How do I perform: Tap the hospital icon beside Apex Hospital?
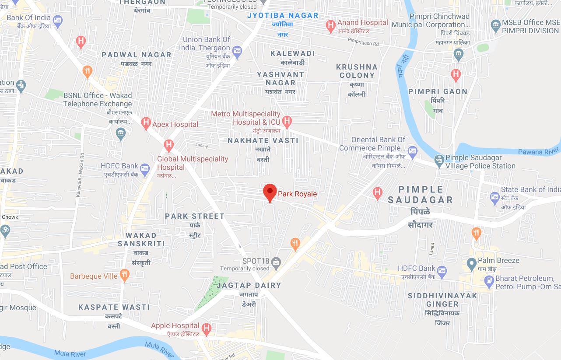click(146, 123)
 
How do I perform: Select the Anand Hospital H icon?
click(331, 26)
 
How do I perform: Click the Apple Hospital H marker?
click(206, 328)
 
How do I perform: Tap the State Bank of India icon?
click(495, 197)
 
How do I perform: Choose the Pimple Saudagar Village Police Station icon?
click(439, 161)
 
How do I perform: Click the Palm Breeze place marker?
click(471, 264)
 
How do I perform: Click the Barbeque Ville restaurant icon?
click(125, 275)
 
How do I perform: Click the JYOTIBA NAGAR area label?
click(283, 15)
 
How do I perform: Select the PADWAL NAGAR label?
click(137, 55)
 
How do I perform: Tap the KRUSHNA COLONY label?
click(357, 71)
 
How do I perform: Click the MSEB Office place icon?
click(495, 24)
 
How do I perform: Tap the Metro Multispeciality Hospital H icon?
click(287, 121)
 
